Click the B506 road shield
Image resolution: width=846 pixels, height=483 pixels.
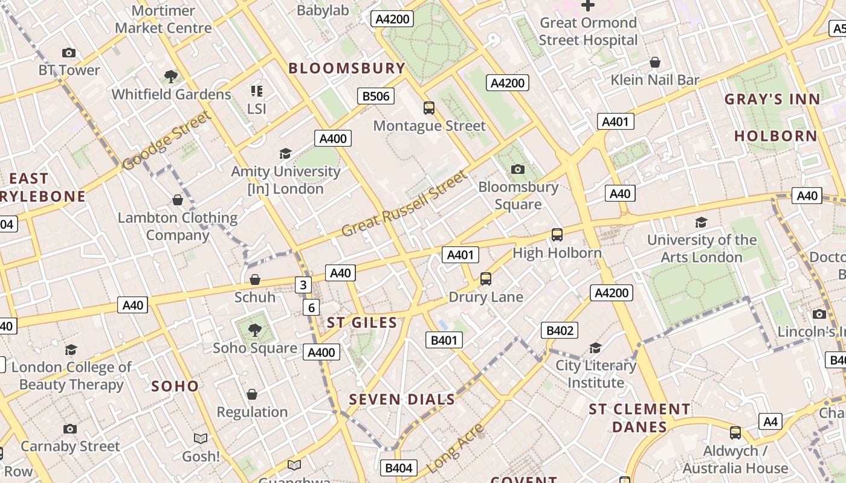(x=375, y=96)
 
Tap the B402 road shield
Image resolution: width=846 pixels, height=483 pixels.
(x=559, y=330)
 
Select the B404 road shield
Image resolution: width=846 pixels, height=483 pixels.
(x=398, y=468)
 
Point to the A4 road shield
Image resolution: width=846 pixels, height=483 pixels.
(x=770, y=421)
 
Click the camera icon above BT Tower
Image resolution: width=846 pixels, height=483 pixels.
(x=69, y=53)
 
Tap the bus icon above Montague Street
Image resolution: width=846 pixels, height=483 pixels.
(x=429, y=108)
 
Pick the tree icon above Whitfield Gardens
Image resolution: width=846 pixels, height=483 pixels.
(x=171, y=77)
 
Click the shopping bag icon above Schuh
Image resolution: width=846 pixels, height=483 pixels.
(x=255, y=280)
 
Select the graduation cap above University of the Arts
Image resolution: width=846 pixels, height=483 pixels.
(x=701, y=222)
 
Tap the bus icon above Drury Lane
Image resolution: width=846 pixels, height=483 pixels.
(x=486, y=279)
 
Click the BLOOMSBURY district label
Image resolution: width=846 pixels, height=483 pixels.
(x=346, y=68)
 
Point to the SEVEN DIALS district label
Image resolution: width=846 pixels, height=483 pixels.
(x=402, y=399)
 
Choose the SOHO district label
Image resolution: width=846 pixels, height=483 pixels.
(x=175, y=386)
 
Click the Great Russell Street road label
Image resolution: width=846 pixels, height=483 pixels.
(x=404, y=204)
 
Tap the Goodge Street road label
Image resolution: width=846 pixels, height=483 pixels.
(x=166, y=140)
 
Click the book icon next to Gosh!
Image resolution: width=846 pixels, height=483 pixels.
(x=201, y=438)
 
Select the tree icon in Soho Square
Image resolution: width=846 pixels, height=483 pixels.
(x=255, y=330)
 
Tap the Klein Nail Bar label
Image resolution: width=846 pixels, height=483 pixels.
(x=654, y=80)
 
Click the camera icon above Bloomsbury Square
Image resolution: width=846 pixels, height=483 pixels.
(x=518, y=169)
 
